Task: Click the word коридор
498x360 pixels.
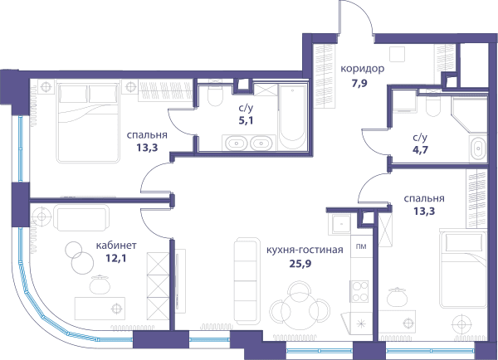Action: [x=363, y=69]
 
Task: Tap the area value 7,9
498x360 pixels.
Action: [x=359, y=84]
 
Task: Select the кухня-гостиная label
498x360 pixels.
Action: [x=305, y=250]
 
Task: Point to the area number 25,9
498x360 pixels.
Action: [x=300, y=264]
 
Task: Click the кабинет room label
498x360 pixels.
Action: [x=116, y=246]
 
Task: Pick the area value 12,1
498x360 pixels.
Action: [x=116, y=259]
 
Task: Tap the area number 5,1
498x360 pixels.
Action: [x=246, y=120]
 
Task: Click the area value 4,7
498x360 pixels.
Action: [x=420, y=150]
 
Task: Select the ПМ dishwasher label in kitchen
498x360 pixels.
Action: [x=360, y=246]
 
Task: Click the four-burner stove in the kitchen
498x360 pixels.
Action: [x=359, y=291]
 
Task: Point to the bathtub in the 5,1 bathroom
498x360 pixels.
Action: [x=292, y=116]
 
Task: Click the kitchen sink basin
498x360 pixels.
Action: [x=341, y=224]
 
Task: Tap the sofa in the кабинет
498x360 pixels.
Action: [x=81, y=217]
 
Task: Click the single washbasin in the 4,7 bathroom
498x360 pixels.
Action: [x=477, y=148]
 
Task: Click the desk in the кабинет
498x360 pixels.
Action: [x=100, y=309]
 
